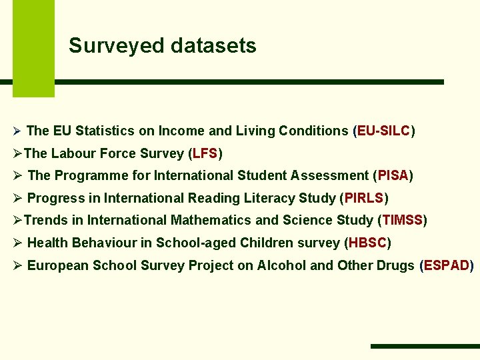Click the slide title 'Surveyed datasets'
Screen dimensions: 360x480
click(162, 46)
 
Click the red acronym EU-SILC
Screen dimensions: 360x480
click(383, 131)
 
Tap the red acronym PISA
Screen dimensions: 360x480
click(393, 175)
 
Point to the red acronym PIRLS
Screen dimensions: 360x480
click(364, 198)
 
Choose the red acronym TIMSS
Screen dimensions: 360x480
click(403, 220)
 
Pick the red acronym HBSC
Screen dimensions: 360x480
click(367, 243)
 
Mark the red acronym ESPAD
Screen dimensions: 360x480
click(447, 265)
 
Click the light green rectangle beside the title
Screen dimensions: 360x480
click(33, 48)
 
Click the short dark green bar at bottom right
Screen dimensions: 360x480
click(425, 346)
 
